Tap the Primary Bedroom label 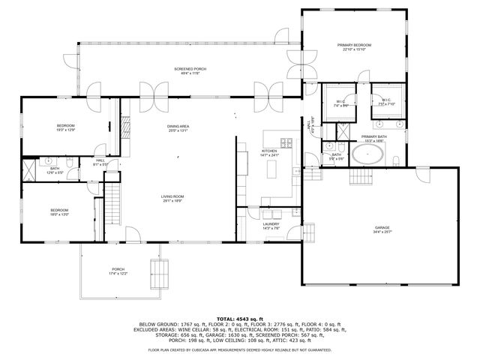pyautogui.click(x=354, y=48)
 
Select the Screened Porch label pyautogui.click(x=185, y=70)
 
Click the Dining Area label pyautogui.click(x=178, y=128)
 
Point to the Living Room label pyautogui.click(x=172, y=199)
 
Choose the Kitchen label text pyautogui.click(x=269, y=153)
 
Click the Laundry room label pyautogui.click(x=271, y=226)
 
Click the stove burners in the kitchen pyautogui.click(x=286, y=142)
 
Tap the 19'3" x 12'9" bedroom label pyautogui.click(x=65, y=127)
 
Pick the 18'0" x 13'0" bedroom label pyautogui.click(x=60, y=212)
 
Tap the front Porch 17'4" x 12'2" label pyautogui.click(x=118, y=271)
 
